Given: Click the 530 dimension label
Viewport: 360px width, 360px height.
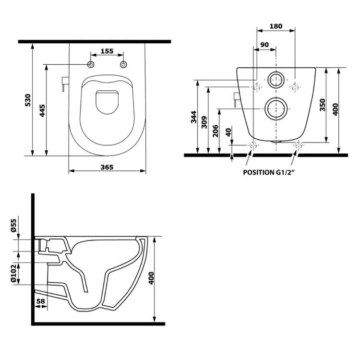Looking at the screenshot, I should (x=28, y=99).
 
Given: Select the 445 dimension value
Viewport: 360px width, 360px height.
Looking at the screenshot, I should (x=42, y=110).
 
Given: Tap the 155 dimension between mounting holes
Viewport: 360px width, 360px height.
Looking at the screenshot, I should (x=107, y=51).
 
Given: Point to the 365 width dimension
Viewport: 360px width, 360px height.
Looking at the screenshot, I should (x=107, y=167).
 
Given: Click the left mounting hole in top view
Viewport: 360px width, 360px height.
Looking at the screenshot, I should (x=91, y=65).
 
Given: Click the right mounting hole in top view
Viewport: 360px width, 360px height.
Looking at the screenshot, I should (x=124, y=65).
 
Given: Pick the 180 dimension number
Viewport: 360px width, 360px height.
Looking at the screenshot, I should (x=276, y=26).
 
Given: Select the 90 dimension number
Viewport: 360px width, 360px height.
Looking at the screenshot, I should (x=264, y=45).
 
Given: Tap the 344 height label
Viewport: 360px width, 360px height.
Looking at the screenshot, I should (x=193, y=117).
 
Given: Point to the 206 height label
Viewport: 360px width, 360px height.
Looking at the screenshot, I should (x=216, y=131).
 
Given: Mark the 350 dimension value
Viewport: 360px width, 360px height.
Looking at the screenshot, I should (x=323, y=105).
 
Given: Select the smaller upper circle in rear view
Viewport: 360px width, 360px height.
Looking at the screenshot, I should (x=276, y=80).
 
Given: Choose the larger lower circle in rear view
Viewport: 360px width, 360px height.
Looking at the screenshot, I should (x=276, y=108).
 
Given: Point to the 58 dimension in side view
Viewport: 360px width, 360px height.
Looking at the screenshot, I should (x=41, y=301).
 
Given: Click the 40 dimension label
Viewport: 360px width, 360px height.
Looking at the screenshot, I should (x=228, y=132).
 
